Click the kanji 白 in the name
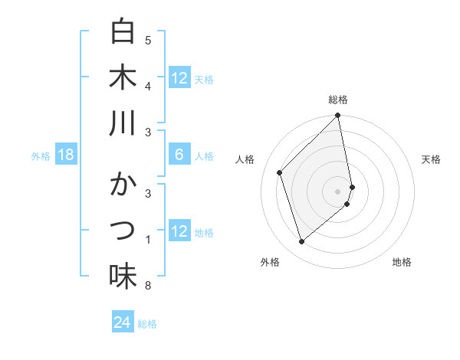123,31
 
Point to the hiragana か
123,186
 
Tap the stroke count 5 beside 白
148,40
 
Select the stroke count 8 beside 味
148,286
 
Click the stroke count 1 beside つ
148,241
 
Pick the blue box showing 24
123,322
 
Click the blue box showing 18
66,155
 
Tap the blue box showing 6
179,155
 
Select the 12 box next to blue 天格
179,78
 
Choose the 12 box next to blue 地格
179,232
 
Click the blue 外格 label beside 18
41,156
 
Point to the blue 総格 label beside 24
148,324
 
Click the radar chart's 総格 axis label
338,100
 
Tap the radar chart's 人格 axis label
245,159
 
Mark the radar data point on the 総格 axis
338,116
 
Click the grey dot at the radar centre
338,190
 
